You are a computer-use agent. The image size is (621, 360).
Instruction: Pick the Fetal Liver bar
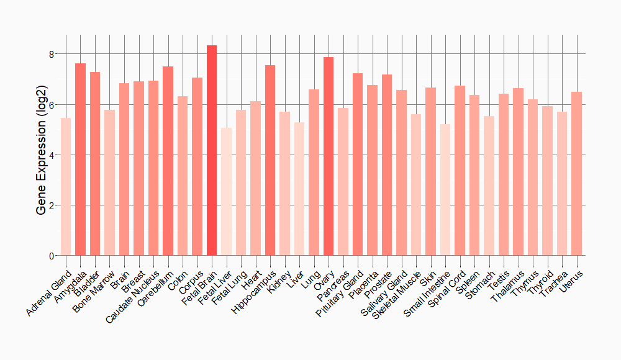pos(226,192)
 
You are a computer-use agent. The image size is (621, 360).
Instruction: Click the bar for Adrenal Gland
pos(66,187)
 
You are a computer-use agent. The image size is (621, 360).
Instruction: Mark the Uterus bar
pos(576,174)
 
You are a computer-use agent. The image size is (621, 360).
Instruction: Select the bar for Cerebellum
pos(168,161)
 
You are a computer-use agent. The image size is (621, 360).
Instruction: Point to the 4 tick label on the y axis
pos(51,155)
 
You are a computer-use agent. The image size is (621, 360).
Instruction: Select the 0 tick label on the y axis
pos(51,256)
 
